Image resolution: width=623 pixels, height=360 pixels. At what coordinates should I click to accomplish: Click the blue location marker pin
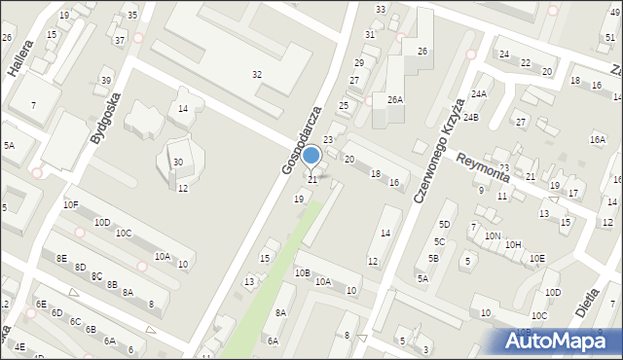click(x=311, y=156)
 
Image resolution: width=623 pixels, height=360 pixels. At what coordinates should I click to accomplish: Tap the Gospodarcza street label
click(x=302, y=141)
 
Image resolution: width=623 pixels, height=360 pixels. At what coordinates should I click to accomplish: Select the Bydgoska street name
click(x=105, y=119)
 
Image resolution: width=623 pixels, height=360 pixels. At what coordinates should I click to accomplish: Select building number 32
click(x=256, y=75)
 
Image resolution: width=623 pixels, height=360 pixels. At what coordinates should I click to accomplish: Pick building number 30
click(x=178, y=162)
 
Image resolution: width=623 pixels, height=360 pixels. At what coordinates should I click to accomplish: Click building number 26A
click(x=394, y=99)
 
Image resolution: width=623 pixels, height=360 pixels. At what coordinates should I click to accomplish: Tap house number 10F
click(x=70, y=205)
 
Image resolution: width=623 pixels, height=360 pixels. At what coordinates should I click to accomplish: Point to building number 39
click(x=105, y=80)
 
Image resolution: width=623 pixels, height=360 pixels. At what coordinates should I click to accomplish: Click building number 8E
click(x=61, y=259)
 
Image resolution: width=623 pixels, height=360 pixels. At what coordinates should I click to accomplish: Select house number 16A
click(x=597, y=140)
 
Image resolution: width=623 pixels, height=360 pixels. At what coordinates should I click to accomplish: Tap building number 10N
click(x=493, y=236)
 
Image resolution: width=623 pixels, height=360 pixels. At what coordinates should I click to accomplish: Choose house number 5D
click(x=444, y=225)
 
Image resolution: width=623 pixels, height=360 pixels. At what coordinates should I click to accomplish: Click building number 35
click(x=132, y=16)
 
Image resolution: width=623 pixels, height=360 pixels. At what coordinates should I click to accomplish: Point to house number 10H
click(x=513, y=245)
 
